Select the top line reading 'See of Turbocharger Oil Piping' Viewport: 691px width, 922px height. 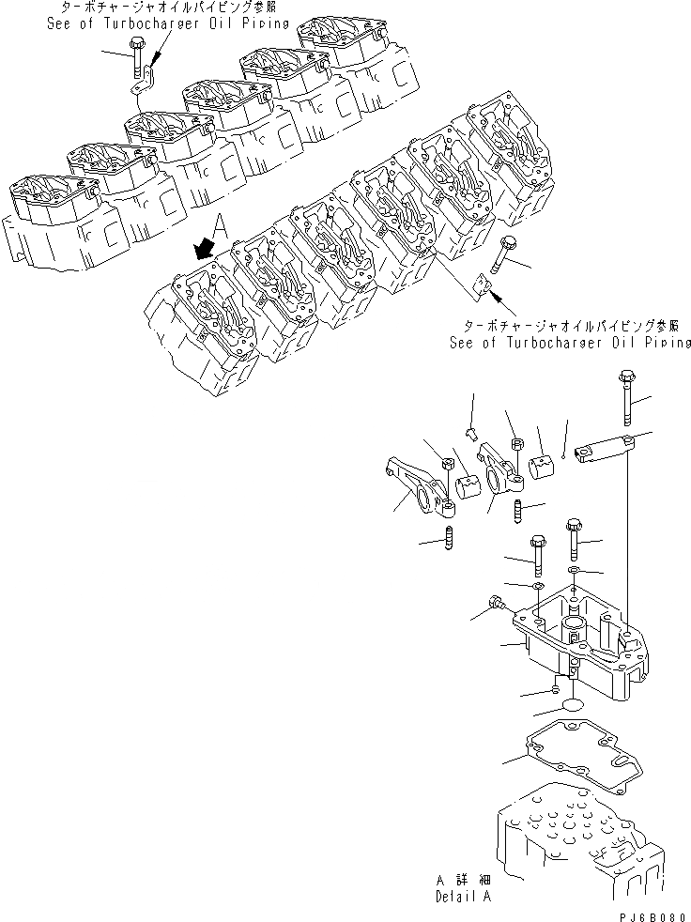click(x=168, y=24)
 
